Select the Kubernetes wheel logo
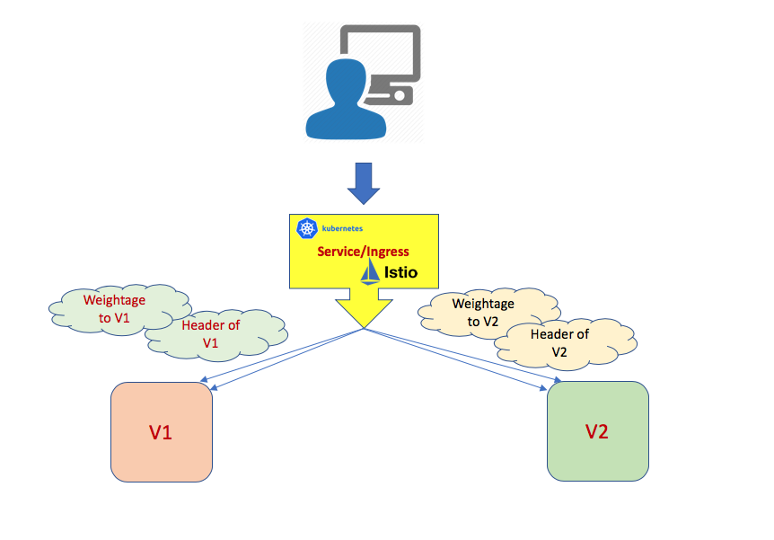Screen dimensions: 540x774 tap(305, 230)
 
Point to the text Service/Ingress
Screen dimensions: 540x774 tap(363, 251)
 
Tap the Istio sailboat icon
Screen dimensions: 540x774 tap(371, 272)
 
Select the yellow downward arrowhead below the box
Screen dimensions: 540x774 tap(364, 310)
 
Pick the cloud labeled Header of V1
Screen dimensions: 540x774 tap(212, 333)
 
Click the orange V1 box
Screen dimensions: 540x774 tap(162, 432)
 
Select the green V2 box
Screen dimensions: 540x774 tap(597, 431)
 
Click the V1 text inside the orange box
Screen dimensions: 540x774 tap(162, 433)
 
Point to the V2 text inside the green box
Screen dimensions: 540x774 tap(597, 431)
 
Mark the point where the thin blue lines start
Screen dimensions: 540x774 tap(364, 329)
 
